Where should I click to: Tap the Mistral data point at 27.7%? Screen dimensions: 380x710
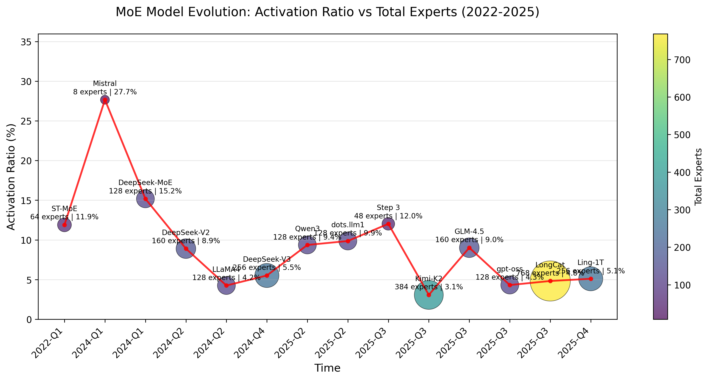point(105,100)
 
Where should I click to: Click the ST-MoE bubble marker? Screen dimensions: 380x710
point(64,225)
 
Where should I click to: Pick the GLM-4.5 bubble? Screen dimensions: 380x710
point(469,248)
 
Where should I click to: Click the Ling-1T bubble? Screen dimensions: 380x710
point(591,279)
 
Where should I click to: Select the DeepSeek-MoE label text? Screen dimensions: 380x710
point(145,182)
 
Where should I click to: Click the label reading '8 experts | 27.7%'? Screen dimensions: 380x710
point(105,92)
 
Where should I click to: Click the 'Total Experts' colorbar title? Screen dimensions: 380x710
point(698,177)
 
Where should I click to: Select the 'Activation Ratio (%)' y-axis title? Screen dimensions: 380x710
point(11,177)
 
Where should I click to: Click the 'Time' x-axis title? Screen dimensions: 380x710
point(327,368)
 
